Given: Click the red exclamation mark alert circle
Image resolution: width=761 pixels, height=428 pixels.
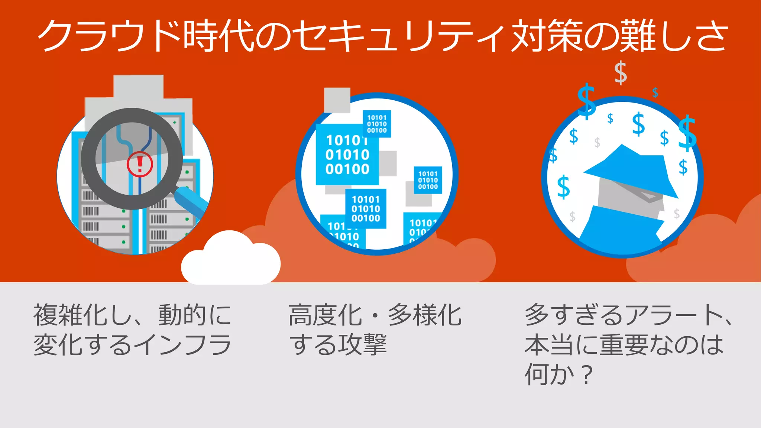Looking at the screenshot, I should (x=140, y=164).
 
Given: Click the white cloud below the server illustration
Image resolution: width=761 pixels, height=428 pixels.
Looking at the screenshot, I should (x=230, y=259).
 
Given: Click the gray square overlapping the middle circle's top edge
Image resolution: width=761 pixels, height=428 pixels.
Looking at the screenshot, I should (x=337, y=100).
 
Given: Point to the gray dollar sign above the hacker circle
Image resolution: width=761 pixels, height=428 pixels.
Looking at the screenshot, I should (x=620, y=73).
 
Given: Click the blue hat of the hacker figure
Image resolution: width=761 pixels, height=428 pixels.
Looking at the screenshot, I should (x=632, y=171).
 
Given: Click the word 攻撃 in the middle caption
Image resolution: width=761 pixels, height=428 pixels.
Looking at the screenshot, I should (x=362, y=345).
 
